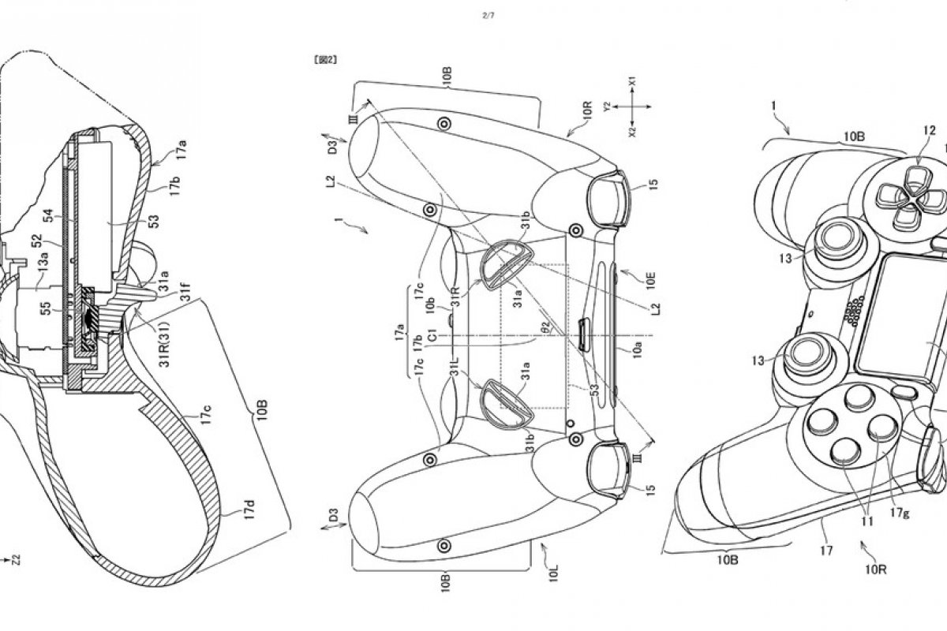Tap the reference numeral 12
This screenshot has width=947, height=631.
pos(929,131)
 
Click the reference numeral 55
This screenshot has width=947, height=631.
pos(49,308)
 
